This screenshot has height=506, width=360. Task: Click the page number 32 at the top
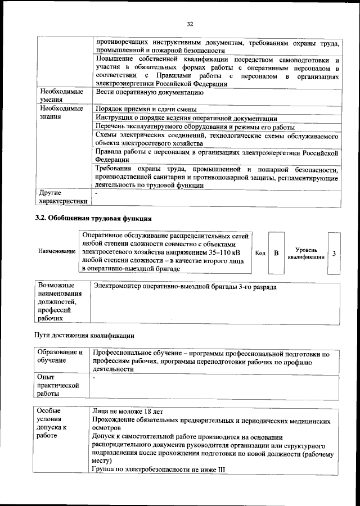pos(190,24)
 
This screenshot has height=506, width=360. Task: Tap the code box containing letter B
pos(276,253)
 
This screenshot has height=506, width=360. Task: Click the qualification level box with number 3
pos(334,253)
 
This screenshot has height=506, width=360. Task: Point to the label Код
pos(260,253)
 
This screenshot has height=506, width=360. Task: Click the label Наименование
pos(57,251)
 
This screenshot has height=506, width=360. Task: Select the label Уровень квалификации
pos(306,253)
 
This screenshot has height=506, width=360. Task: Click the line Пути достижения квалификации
pos(85,336)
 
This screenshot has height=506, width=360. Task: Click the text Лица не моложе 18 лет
pos(128,412)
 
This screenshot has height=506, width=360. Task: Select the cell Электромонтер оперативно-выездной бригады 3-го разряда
pos(185,287)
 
